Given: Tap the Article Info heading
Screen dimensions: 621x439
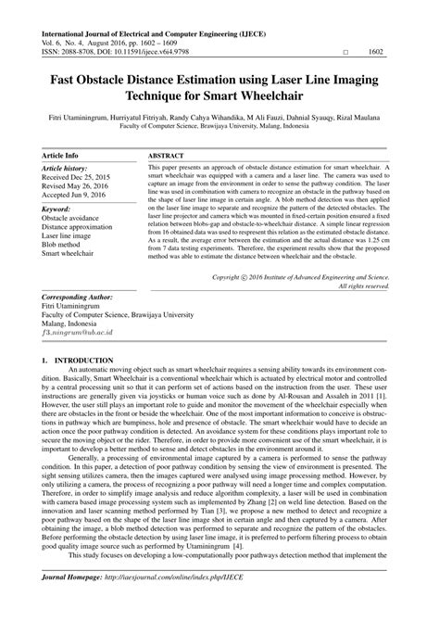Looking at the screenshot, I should tap(61, 155).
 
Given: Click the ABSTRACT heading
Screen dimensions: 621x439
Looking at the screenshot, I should tap(166, 155).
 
